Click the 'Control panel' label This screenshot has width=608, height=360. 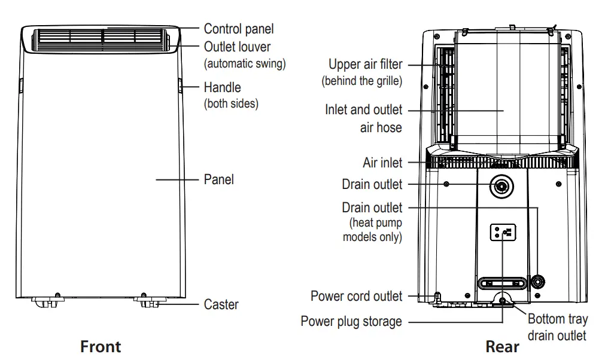[238, 28]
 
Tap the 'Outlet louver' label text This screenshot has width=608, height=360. [237, 47]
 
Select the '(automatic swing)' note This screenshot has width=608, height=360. [245, 63]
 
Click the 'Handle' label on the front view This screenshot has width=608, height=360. [222, 87]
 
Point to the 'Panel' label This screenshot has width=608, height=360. [218, 179]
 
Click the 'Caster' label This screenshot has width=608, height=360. [221, 304]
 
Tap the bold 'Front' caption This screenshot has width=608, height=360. [101, 346]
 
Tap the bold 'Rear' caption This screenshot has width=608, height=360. [502, 346]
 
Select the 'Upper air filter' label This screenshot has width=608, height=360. [365, 64]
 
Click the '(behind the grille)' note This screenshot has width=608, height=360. [361, 81]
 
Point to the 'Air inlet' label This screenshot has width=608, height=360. [382, 163]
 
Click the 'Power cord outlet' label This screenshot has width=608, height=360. [356, 296]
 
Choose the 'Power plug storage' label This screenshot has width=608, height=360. [351, 322]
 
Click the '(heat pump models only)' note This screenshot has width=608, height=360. [372, 230]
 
